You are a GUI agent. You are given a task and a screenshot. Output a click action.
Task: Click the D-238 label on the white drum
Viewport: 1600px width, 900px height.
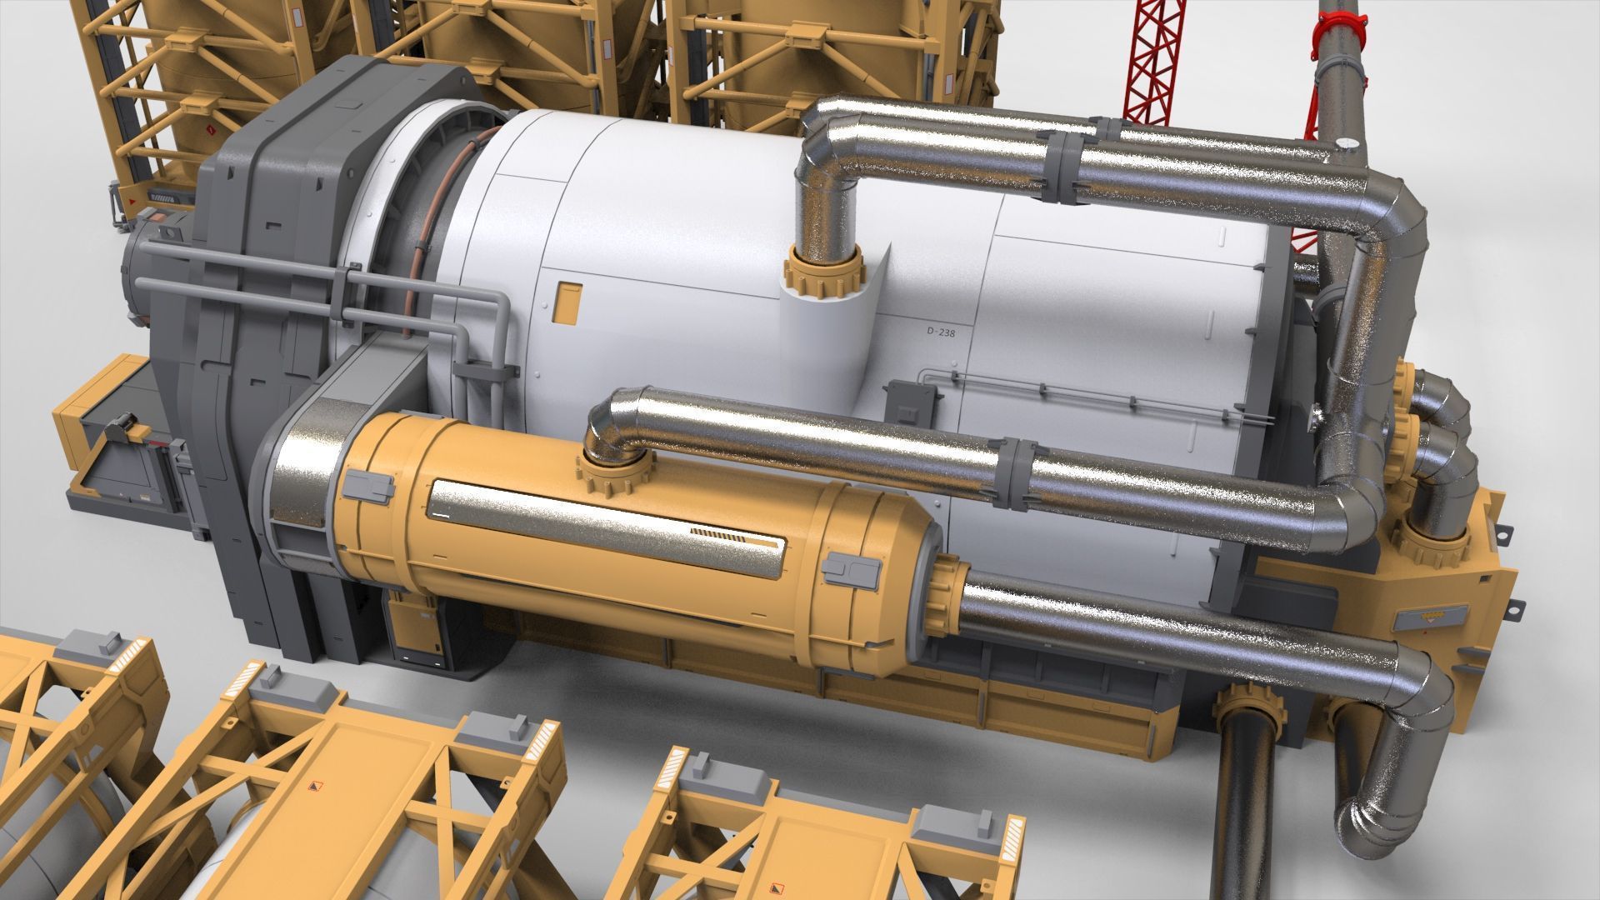[x=939, y=331]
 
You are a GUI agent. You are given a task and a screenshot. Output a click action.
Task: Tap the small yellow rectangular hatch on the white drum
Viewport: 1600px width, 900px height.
[x=569, y=302]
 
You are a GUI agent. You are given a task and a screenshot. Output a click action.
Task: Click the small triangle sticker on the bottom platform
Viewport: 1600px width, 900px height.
[x=316, y=786]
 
